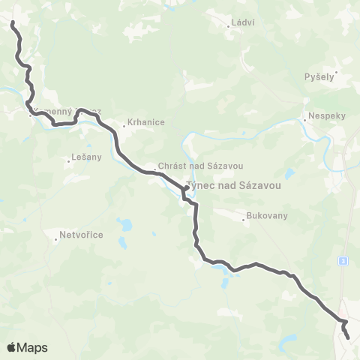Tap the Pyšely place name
(x=320, y=77)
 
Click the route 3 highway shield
(x=343, y=260)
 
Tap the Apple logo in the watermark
(x=12, y=347)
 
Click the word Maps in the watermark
(x=34, y=347)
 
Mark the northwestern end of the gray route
(x=13, y=24)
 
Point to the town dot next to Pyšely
(x=337, y=73)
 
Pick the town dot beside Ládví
(x=229, y=27)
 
